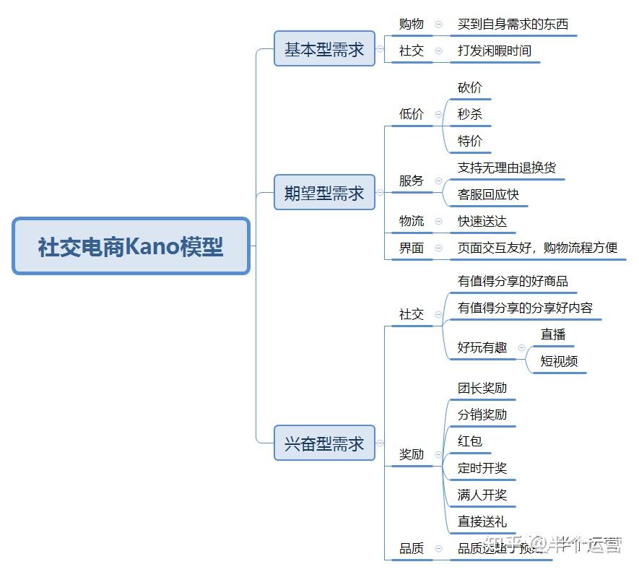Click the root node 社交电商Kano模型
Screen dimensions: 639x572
click(x=131, y=247)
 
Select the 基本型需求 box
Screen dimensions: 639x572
click(x=324, y=49)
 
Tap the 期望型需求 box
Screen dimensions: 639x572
click(x=324, y=193)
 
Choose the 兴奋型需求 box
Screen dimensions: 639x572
click(x=324, y=443)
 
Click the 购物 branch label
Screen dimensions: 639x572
click(x=412, y=24)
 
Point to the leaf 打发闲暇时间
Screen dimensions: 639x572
click(x=494, y=51)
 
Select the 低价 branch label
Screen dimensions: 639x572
click(x=412, y=114)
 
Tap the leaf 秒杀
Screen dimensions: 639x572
click(x=469, y=114)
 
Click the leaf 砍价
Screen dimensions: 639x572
click(x=469, y=87)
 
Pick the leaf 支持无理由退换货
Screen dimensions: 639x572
click(x=506, y=168)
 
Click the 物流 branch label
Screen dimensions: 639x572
click(x=412, y=221)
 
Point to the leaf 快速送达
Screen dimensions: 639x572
click(x=482, y=221)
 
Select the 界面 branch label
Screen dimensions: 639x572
click(x=412, y=248)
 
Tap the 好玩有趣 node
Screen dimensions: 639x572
click(x=482, y=347)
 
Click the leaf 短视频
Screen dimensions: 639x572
click(x=559, y=361)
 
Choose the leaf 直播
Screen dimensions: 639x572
click(x=553, y=334)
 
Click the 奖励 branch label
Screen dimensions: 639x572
click(x=412, y=454)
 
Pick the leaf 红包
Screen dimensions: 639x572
click(x=469, y=441)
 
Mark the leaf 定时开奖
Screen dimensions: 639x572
click(x=482, y=468)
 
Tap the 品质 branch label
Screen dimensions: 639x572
click(x=412, y=548)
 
